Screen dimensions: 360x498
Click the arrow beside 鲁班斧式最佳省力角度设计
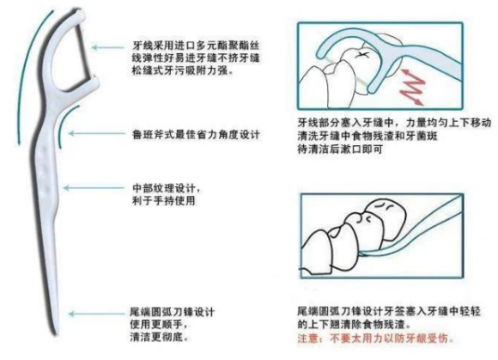pyautogui.click(x=106, y=134)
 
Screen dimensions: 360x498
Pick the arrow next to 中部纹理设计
pyautogui.click(x=106, y=190)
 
